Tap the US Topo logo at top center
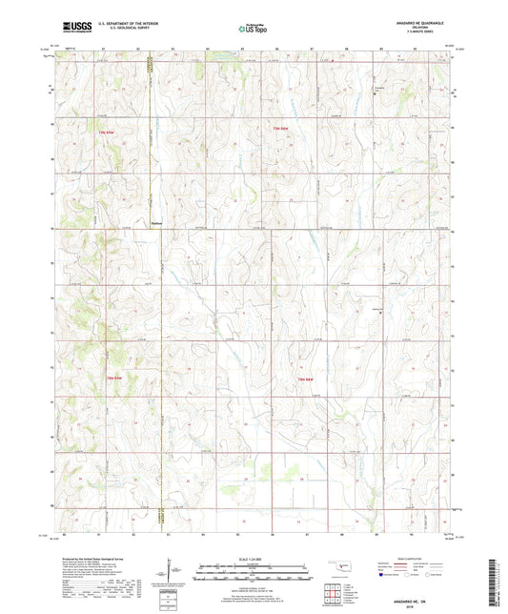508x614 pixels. pyautogui.click(x=251, y=30)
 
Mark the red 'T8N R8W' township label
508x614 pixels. pyautogui.click(x=304, y=379)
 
